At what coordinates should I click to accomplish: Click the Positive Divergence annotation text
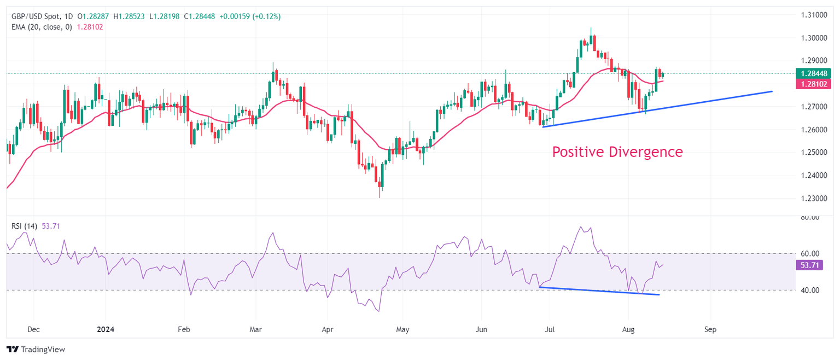pos(617,152)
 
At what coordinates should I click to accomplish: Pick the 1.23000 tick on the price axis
pos(814,198)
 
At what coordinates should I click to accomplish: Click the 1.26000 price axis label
pos(814,130)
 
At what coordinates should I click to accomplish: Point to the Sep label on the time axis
pos(710,330)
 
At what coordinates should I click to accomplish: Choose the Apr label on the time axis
pos(327,330)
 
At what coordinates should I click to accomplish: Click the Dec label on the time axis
pos(33,330)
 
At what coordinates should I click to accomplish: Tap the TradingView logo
pos(36,349)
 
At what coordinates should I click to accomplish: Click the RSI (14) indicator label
pos(24,226)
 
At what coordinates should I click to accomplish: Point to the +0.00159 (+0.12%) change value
pos(250,17)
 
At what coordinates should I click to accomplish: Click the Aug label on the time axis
pos(628,330)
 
